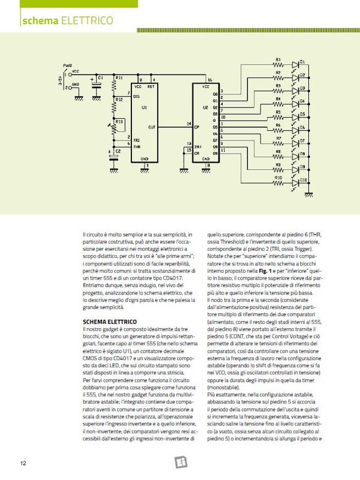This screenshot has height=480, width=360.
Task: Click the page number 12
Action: click(23, 462)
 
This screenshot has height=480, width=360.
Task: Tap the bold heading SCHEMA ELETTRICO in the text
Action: click(110, 322)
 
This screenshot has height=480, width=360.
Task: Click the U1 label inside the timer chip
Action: click(144, 107)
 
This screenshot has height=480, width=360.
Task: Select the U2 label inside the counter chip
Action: click(205, 107)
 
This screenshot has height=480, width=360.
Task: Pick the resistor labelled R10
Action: click(278, 182)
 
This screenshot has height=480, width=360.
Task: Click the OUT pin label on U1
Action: click(152, 127)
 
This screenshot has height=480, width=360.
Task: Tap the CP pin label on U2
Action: click(197, 127)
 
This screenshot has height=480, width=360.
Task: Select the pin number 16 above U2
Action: click(209, 80)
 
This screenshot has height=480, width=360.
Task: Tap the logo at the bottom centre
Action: click(179, 462)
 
